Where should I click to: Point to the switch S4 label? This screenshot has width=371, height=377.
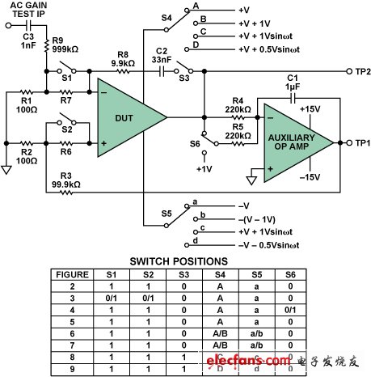[166, 15]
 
